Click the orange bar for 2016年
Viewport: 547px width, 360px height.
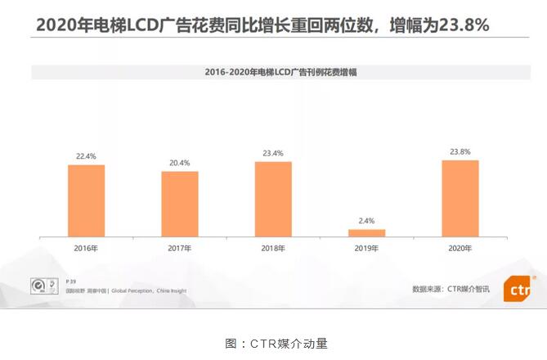click(87, 200)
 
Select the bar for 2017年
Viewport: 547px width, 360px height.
click(180, 204)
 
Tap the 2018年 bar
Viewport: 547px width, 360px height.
click(273, 199)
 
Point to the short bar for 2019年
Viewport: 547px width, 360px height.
click(366, 232)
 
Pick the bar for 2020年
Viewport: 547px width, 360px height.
click(460, 198)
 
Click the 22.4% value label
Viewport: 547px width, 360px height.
click(87, 155)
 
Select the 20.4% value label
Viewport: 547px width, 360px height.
click(180, 162)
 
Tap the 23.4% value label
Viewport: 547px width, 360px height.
click(273, 152)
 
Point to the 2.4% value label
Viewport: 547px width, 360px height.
click(366, 220)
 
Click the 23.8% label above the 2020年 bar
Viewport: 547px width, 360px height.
click(460, 151)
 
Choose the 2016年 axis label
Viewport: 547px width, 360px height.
click(87, 247)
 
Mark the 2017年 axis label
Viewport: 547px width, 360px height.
click(180, 247)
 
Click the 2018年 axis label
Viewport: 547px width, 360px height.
click(273, 247)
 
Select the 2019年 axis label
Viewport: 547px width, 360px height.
click(366, 247)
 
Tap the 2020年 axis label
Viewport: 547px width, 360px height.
click(460, 247)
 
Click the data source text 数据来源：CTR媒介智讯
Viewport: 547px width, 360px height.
click(451, 289)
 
